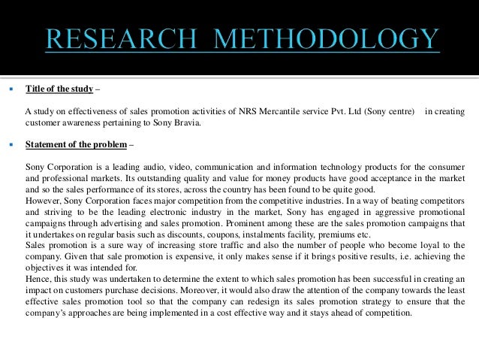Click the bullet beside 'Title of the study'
pyautogui.click(x=10, y=89)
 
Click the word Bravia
pyautogui.click(x=186, y=123)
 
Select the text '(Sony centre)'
pyautogui.click(x=391, y=112)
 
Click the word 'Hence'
pyautogui.click(x=37, y=278)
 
